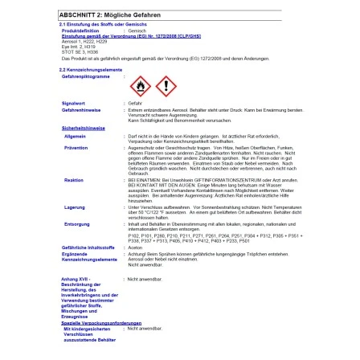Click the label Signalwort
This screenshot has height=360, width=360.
(72, 104)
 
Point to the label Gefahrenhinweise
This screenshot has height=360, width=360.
(77, 109)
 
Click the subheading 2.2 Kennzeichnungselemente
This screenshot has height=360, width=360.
(88, 71)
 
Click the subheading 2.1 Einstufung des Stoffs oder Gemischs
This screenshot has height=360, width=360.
(95, 24)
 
